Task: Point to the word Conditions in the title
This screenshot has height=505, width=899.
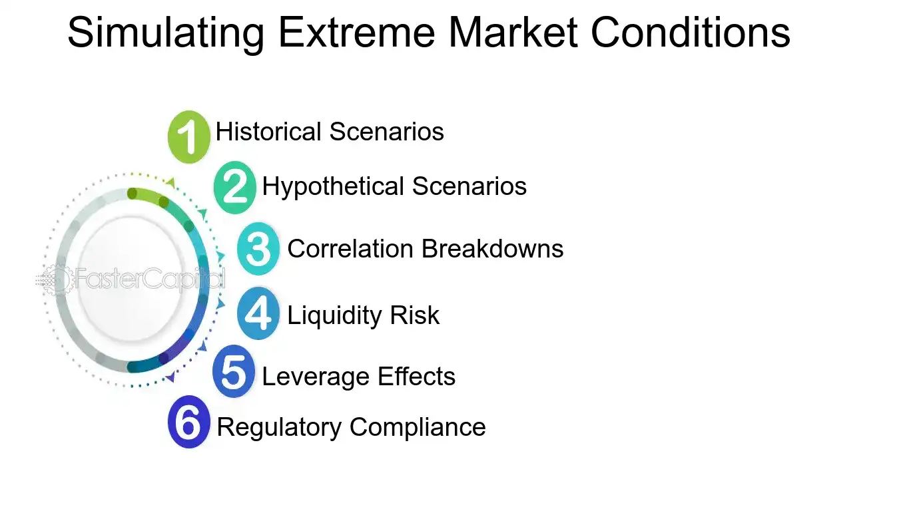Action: coord(690,32)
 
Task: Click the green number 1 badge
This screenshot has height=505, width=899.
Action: coord(188,137)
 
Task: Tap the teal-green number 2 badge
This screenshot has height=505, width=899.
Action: coord(234,187)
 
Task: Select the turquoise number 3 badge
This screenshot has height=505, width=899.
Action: coord(258,249)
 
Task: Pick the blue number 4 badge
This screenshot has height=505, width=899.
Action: coord(258,313)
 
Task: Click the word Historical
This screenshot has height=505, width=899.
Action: coord(269,132)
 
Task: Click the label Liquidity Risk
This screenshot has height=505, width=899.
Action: coord(363,315)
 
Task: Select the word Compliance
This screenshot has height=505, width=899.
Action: coord(418,426)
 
